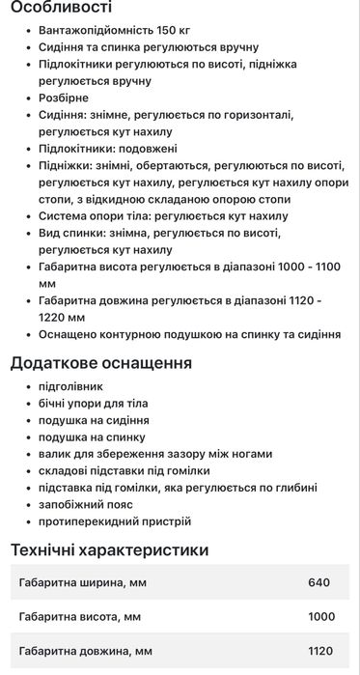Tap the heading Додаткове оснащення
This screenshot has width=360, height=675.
pyautogui.click(x=101, y=363)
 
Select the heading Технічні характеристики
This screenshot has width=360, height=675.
pyautogui.click(x=109, y=550)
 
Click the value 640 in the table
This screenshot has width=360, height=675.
pyautogui.click(x=318, y=582)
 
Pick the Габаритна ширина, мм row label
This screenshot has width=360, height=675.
pyautogui.click(x=83, y=582)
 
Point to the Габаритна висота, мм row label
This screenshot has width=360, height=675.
pyautogui.click(x=80, y=616)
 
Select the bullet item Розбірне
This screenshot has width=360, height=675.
pyautogui.click(x=64, y=98)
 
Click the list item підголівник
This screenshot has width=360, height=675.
pyautogui.click(x=69, y=386)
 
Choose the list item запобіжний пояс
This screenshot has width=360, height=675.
pyautogui.click(x=86, y=504)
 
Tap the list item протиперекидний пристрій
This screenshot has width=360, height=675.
pyautogui.click(x=114, y=521)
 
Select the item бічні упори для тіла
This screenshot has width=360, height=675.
pyautogui.click(x=93, y=403)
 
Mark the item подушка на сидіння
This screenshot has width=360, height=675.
pyautogui.click(x=93, y=420)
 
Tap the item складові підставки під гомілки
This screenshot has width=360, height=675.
pyautogui.click(x=124, y=470)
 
